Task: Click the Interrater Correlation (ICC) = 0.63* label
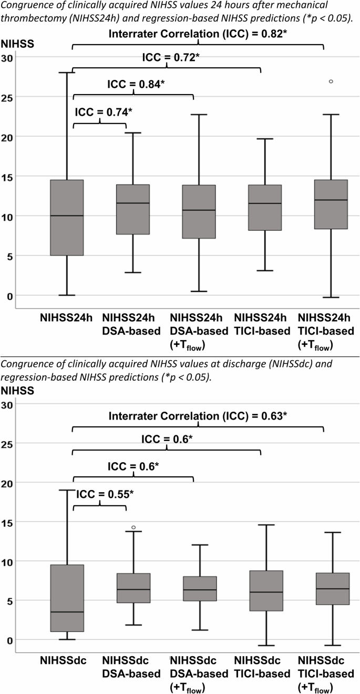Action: point(198,416)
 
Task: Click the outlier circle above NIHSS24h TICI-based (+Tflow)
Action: point(331,81)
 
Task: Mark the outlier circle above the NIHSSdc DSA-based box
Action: point(133,527)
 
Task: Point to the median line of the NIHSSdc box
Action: point(67,612)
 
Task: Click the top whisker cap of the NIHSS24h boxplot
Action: point(67,73)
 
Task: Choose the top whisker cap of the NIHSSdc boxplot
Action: point(67,490)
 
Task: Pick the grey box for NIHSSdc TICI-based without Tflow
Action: point(266,590)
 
